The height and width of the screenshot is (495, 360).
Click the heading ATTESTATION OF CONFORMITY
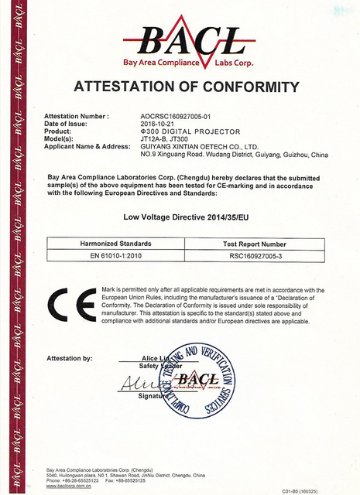tap(186, 85)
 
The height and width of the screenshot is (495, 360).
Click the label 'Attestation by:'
tap(70, 358)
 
